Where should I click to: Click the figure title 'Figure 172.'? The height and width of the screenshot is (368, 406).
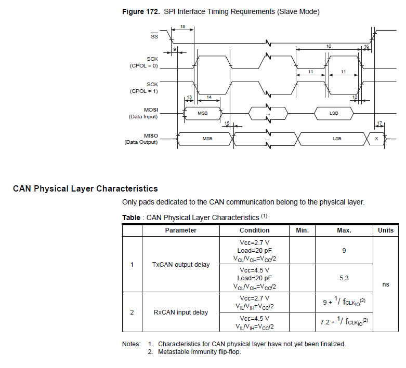pyautogui.click(x=141, y=11)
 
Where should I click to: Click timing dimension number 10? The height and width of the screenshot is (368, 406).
pyautogui.click(x=329, y=47)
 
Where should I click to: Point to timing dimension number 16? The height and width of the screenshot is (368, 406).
pyautogui.click(x=366, y=47)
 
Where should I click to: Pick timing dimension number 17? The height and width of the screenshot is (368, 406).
pyautogui.click(x=379, y=124)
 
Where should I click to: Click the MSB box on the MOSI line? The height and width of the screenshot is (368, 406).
pyautogui.click(x=203, y=113)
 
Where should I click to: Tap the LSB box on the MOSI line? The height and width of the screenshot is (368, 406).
pyautogui.click(x=334, y=113)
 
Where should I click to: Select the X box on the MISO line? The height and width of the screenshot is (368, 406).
pyautogui.click(x=376, y=139)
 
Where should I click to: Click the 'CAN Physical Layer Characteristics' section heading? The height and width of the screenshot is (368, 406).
pyautogui.click(x=85, y=188)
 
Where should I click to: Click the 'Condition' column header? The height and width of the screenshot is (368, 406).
pyautogui.click(x=254, y=230)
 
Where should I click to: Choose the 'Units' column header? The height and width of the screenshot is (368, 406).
pyautogui.click(x=385, y=230)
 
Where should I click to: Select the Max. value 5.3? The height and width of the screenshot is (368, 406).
pyautogui.click(x=344, y=278)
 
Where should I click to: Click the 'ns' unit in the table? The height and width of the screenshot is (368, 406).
pyautogui.click(x=385, y=284)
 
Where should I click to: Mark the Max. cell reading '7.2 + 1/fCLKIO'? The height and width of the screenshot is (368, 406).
pyautogui.click(x=344, y=322)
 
